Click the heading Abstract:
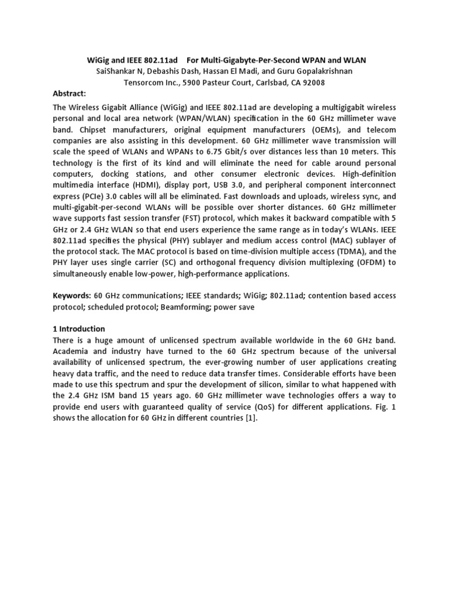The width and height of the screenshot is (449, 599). point(69,94)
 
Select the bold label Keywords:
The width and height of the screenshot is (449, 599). point(71,296)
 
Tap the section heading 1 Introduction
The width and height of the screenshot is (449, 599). point(79,329)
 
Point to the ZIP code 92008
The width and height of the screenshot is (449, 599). point(313,82)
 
